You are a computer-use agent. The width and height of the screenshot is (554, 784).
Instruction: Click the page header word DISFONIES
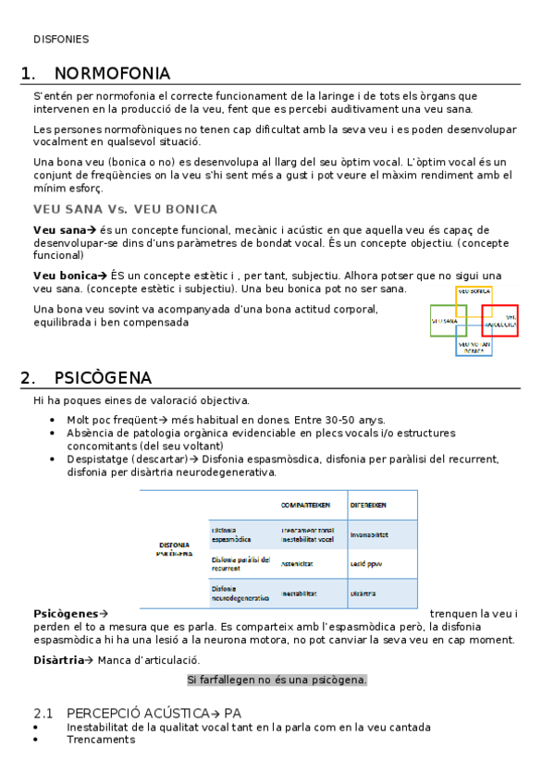click(61, 40)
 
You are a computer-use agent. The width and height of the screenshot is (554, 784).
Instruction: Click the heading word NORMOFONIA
click(112, 73)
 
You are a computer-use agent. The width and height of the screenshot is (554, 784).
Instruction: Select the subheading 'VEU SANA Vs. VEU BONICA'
click(125, 209)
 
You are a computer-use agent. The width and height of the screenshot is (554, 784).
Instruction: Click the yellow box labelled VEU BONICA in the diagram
click(474, 291)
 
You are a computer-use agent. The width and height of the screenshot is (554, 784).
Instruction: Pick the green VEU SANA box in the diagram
click(445, 322)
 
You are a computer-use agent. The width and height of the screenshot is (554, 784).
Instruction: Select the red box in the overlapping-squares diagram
click(500, 320)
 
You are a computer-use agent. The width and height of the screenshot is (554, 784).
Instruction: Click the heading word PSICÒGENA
click(103, 378)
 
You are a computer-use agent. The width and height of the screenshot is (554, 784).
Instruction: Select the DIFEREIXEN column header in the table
click(369, 505)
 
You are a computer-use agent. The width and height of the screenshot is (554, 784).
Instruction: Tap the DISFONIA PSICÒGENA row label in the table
click(175, 549)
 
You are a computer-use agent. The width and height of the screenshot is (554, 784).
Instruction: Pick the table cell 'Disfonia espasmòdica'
click(231, 533)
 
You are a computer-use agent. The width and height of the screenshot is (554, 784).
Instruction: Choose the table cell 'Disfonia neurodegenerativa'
click(240, 593)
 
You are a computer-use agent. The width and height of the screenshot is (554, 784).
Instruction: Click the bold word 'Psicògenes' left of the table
click(66, 613)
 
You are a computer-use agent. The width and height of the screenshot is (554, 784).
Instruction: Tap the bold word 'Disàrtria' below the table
click(58, 660)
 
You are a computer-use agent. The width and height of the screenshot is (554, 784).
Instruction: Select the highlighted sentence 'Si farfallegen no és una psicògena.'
click(277, 680)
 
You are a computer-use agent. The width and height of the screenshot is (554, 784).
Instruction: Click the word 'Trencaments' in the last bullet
click(100, 740)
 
